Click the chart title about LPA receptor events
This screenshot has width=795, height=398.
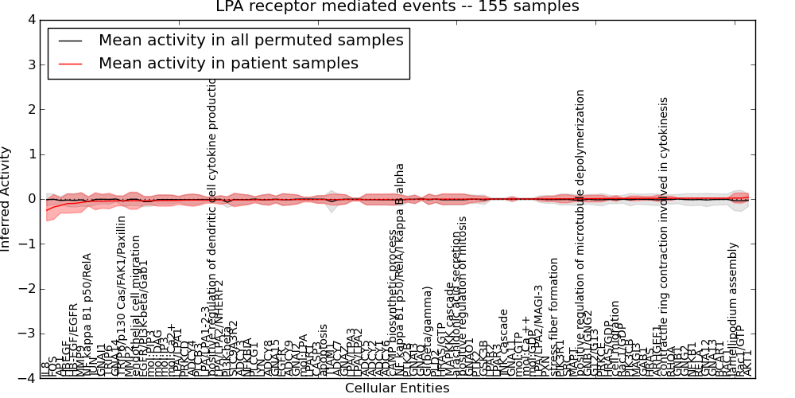(397, 7)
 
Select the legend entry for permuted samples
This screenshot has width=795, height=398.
(250, 40)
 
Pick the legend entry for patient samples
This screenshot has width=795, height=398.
(228, 63)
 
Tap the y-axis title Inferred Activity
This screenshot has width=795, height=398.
(6, 198)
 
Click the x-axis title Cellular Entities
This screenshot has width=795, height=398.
(397, 388)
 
